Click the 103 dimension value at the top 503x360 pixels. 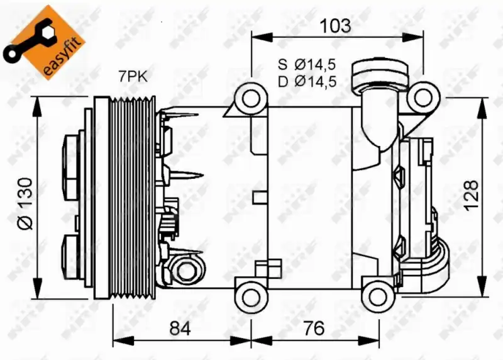coord(336,26)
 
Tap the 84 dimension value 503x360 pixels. coord(180,328)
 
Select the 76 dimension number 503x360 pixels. coord(314,328)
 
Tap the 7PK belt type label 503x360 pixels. coord(133,77)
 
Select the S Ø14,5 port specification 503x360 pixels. coord(307,65)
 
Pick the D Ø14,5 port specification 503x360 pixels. coord(307,82)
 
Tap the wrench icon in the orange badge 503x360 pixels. coord(27,41)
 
